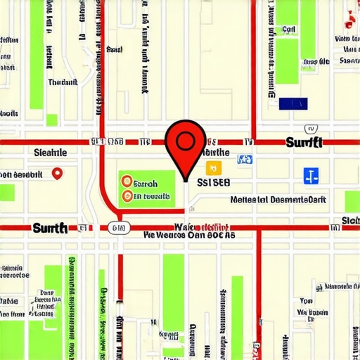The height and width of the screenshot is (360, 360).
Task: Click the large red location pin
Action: coord(184,144)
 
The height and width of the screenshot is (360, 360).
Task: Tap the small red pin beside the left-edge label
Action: coord(58,172)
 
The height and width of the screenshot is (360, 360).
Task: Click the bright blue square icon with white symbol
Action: coord(311,176)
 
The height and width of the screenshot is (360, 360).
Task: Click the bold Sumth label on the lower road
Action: coord(50,228)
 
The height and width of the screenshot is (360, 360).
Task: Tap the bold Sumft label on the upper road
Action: coord(304,143)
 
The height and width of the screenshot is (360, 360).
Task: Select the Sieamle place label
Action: coord(50,152)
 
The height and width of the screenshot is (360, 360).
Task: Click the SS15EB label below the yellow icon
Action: coord(214,181)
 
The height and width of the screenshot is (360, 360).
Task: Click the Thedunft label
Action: coord(63,82)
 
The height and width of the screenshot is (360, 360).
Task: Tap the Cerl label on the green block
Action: coord(288,30)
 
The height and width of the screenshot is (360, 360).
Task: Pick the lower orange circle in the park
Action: coord(127,196)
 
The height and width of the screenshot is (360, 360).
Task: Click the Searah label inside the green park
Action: coord(150,182)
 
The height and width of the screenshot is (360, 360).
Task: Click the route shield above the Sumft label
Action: coord(310,129)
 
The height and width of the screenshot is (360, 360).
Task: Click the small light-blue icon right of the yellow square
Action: coord(244,160)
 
